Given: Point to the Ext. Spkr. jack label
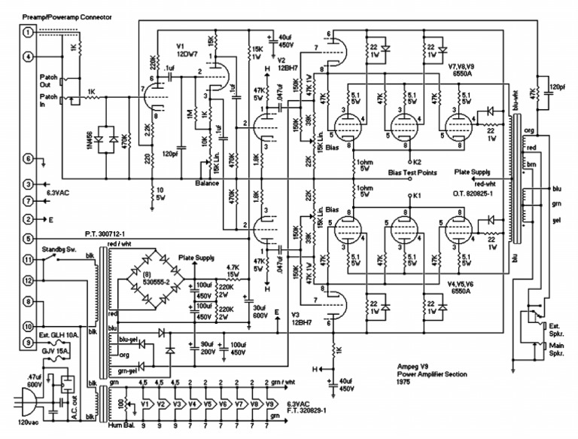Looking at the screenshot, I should (x=557, y=329).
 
